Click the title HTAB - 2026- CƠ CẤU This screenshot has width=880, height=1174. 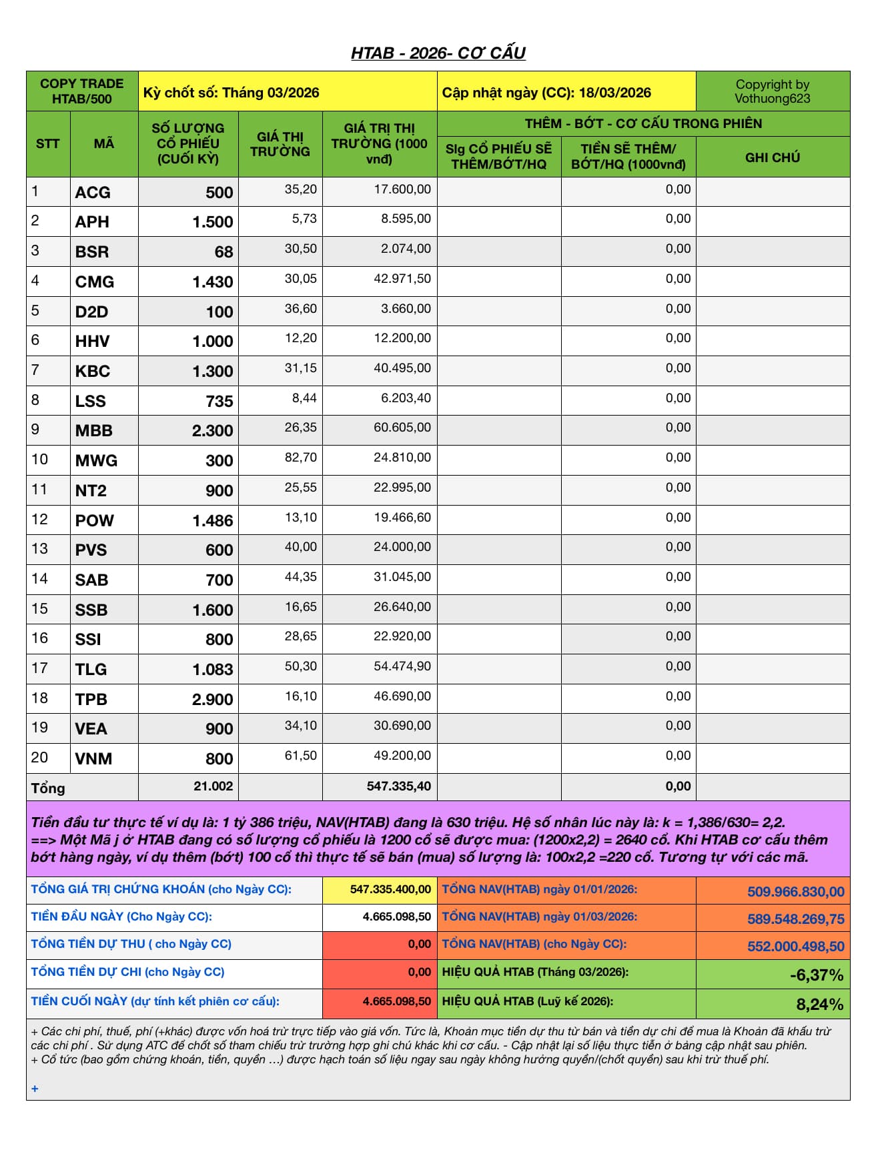[x=438, y=53]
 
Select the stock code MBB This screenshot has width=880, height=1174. [x=94, y=431]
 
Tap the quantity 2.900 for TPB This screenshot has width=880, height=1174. [x=212, y=700]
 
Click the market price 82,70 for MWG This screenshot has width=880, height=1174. [x=300, y=458]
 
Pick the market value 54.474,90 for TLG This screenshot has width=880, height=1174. [x=402, y=666]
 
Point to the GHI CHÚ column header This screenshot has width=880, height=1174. [x=772, y=157]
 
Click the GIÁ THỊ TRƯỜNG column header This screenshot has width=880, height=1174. [x=280, y=144]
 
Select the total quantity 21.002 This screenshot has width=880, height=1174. [x=213, y=786]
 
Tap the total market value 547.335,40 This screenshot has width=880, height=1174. [x=398, y=786]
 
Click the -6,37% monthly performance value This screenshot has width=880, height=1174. [x=816, y=975]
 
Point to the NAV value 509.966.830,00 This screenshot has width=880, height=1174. [x=795, y=892]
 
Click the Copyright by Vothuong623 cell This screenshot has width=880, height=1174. [x=772, y=91]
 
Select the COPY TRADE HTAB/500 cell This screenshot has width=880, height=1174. [x=82, y=91]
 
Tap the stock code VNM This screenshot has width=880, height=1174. [x=93, y=759]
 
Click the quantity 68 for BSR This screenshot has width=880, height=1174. [x=224, y=252]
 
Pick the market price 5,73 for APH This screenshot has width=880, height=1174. [x=304, y=219]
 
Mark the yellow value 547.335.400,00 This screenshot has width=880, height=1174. [x=390, y=890]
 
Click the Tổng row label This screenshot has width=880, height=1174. [x=48, y=788]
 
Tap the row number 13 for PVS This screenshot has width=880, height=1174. [x=40, y=549]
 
